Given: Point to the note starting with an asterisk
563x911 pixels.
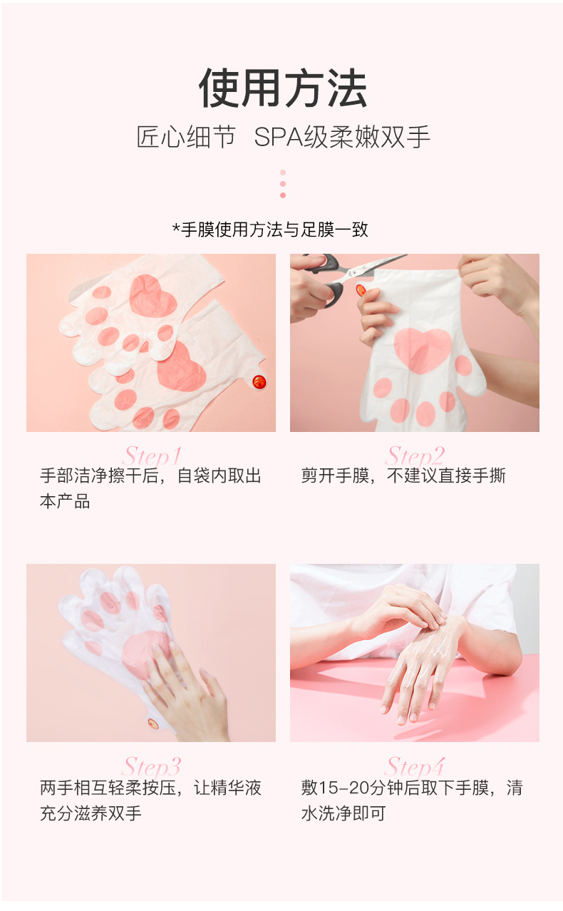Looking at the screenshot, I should tap(270, 230).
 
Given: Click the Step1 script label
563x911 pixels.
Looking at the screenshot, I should tap(153, 455).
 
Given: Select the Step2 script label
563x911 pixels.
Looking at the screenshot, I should tap(415, 455).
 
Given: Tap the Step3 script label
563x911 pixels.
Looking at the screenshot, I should tap(152, 766).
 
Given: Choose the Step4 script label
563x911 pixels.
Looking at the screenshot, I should tap(415, 766).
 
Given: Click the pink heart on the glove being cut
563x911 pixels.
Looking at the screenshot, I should tap(422, 349).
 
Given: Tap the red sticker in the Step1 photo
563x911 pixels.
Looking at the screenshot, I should tap(259, 381).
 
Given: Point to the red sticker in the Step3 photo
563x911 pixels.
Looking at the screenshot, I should tap(153, 723).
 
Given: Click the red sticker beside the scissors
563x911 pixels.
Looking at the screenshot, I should tap(361, 290).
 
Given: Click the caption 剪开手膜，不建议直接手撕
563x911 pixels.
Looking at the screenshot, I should tap(403, 476).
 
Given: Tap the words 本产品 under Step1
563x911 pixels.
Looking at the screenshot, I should tap(65, 501).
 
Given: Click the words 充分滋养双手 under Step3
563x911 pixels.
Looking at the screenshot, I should tap(91, 813).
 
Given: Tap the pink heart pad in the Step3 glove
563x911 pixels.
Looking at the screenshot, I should tap(143, 652).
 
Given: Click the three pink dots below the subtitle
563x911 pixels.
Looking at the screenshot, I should tap(283, 184).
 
